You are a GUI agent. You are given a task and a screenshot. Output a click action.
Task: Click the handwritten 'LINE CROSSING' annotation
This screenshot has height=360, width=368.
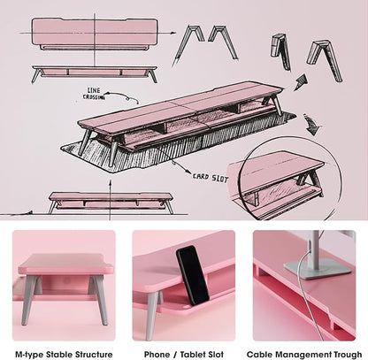click(x=94, y=94)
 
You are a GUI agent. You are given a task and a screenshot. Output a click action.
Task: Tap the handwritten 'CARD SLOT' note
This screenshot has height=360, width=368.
click(x=211, y=178)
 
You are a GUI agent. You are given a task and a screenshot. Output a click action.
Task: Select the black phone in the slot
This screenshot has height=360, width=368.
click(x=193, y=275)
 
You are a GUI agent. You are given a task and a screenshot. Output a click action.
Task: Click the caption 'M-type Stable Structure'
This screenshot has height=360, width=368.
click(x=64, y=354)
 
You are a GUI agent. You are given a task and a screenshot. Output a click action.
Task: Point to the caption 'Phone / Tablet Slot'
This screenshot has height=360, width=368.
click(x=184, y=354)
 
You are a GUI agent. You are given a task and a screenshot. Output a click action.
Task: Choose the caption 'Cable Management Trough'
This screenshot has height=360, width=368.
click(x=304, y=354)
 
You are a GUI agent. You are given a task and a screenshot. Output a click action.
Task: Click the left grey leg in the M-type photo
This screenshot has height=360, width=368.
click(x=30, y=299)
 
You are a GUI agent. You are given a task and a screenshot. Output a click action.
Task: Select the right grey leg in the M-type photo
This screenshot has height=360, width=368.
click(x=100, y=299)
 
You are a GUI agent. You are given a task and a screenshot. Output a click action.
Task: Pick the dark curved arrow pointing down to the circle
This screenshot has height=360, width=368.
click(x=312, y=125)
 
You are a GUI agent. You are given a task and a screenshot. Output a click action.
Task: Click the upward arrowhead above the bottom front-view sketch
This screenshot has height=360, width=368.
click(x=110, y=184)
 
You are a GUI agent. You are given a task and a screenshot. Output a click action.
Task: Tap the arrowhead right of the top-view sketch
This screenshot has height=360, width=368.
click(x=173, y=33)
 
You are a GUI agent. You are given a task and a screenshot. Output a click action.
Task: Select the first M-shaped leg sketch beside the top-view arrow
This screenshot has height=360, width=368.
click(x=189, y=44)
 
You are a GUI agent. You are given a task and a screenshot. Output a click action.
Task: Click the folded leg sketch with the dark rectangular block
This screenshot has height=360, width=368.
click(x=280, y=51)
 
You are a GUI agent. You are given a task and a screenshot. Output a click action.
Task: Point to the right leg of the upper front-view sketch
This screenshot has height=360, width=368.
click(x=153, y=75)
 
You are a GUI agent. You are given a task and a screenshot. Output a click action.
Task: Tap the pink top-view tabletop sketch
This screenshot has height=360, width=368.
click(x=95, y=32)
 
